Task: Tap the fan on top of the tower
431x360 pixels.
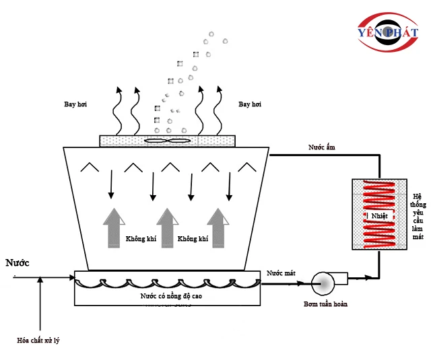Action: pyautogui.click(x=168, y=141)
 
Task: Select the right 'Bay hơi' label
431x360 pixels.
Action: pyautogui.click(x=250, y=104)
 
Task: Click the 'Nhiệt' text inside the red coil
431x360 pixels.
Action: pyautogui.click(x=376, y=215)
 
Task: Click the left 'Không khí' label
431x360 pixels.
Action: pyautogui.click(x=141, y=239)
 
